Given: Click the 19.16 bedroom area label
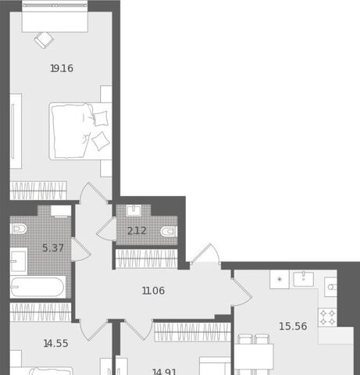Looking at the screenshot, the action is pyautogui.click(x=62, y=69).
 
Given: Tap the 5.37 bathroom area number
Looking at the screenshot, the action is pyautogui.click(x=53, y=248).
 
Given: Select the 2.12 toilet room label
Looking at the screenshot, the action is pyautogui.click(x=137, y=230).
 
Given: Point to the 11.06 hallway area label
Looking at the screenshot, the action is pyautogui.click(x=153, y=291).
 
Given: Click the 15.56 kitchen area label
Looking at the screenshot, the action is pyautogui.click(x=293, y=326).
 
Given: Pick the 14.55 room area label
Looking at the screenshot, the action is pyautogui.click(x=56, y=343).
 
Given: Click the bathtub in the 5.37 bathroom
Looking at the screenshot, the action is pyautogui.click(x=37, y=287).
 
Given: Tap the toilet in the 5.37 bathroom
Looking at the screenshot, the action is pyautogui.click(x=18, y=229).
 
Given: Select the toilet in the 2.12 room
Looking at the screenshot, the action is pyautogui.click(x=169, y=231).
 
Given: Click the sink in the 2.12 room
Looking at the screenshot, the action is pyautogui.click(x=134, y=211).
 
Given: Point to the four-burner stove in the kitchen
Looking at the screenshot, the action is pyautogui.click(x=327, y=317).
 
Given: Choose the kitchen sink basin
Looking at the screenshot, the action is pyautogui.click(x=304, y=279).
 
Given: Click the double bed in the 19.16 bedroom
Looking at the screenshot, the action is pyautogui.click(x=80, y=131).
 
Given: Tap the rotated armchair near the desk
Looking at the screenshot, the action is pyautogui.click(x=45, y=40).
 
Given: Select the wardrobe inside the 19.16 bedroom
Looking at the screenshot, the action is pyautogui.click(x=38, y=191).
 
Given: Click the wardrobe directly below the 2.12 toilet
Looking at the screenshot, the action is pyautogui.click(x=146, y=259).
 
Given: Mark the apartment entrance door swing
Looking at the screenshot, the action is pyautogui.click(x=205, y=254).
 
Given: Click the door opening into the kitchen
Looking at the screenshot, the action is pyautogui.click(x=241, y=291).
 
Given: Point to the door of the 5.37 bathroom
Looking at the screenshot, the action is pyautogui.click(x=80, y=249).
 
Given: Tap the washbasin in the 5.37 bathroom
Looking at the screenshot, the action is pyautogui.click(x=19, y=261).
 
